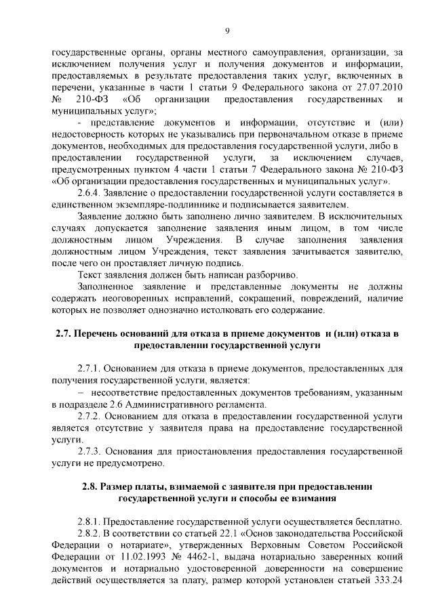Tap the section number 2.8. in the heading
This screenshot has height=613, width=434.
click(90, 487)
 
